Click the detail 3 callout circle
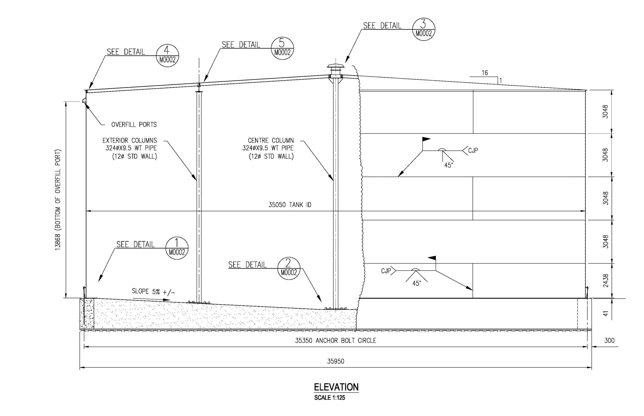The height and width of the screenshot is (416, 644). (423, 29)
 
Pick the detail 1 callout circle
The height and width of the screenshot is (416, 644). (177, 248)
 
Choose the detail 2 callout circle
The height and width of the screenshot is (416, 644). (289, 268)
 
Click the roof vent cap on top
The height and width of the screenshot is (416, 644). (336, 67)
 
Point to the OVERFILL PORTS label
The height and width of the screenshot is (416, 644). (134, 125)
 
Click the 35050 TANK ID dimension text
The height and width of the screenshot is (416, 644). (290, 205)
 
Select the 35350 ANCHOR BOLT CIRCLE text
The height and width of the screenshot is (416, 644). (335, 341)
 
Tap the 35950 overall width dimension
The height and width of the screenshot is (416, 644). (335, 361)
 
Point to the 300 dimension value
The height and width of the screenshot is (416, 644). (609, 341)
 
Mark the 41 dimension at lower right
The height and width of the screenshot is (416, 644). (605, 313)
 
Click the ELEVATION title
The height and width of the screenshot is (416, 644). (336, 387)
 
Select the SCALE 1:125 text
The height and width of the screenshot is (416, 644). (330, 398)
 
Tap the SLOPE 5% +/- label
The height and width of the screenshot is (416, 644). (153, 291)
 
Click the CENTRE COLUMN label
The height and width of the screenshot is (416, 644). (271, 140)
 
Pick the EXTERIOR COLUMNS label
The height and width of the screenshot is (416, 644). (130, 140)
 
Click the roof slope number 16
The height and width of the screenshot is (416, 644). (485, 73)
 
